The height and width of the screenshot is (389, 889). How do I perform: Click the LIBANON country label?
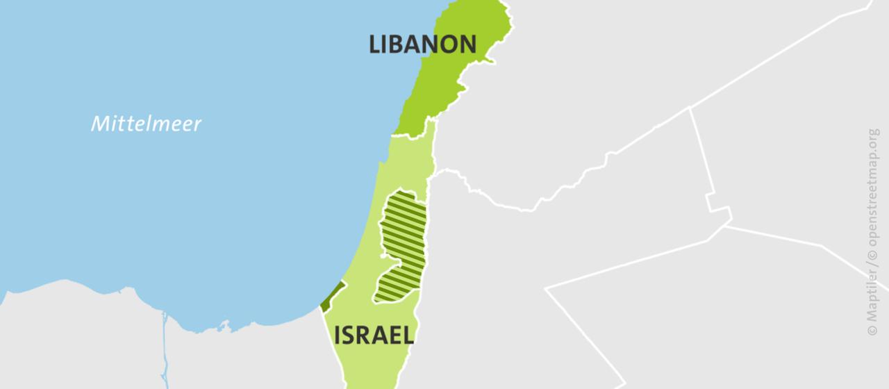[422, 44]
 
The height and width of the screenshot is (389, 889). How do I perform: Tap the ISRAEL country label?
[374, 335]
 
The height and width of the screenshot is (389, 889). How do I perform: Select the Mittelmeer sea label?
[147, 124]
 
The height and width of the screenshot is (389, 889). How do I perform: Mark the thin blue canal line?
[165, 347]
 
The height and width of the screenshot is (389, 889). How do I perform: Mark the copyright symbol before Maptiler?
[872, 329]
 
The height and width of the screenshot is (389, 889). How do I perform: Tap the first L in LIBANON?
[375, 44]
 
